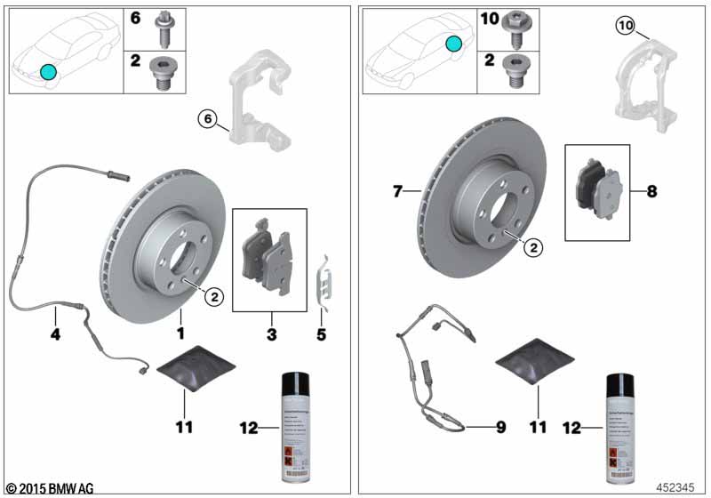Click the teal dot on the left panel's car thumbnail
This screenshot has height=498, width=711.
pos(48,71)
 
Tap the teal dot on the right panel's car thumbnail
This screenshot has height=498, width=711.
pos(454,43)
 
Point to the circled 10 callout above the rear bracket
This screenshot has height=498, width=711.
pos(625,27)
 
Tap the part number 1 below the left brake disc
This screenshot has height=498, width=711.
pos(180,333)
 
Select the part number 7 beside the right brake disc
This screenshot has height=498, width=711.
pos(398,190)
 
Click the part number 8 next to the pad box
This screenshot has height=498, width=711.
pos(651,190)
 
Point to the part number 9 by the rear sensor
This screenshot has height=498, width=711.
pos(500,428)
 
